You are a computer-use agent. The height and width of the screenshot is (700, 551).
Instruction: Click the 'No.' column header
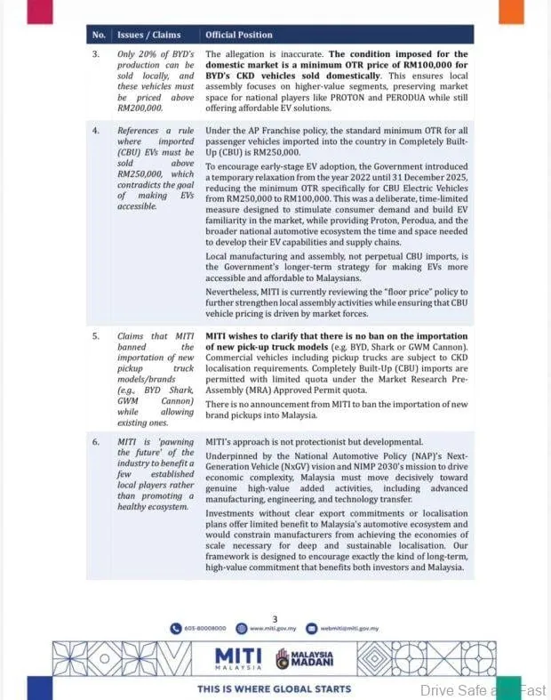pos(98,35)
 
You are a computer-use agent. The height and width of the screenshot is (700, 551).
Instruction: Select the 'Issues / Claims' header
pos(149,35)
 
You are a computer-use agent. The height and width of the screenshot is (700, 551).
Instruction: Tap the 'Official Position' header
pos(239,35)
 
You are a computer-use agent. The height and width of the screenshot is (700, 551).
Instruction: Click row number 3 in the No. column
pos(96,54)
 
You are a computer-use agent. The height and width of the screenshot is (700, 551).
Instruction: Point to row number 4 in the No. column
pos(96,131)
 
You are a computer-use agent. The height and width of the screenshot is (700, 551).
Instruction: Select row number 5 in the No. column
pos(96,336)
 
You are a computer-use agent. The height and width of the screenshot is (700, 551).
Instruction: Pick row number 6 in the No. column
pos(96,442)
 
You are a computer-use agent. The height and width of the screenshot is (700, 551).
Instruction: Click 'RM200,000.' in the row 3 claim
pos(140,108)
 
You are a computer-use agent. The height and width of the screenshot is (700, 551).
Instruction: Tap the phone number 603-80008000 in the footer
pos(207,628)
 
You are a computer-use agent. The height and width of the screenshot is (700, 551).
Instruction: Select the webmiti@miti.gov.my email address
pos(349,628)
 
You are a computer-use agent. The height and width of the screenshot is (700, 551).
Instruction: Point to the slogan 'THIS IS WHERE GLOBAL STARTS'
pos(274,688)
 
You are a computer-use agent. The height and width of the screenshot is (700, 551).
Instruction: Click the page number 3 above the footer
pos(275,619)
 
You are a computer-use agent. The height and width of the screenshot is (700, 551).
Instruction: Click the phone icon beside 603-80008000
pos(176,628)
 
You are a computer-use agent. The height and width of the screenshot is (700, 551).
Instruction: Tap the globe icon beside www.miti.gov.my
pos(241,628)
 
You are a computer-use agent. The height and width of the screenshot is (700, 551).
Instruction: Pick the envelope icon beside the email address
pos(311,628)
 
